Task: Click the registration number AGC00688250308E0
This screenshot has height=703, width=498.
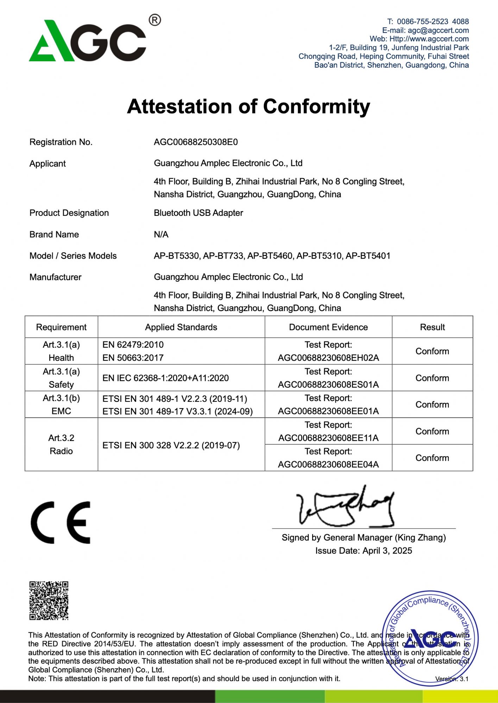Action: coord(196,142)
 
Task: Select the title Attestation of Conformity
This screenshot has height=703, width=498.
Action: coord(248,106)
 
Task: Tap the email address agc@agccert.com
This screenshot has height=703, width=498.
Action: coord(438,30)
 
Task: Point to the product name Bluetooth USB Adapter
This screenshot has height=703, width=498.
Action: coord(198,213)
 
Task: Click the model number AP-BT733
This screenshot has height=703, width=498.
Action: coord(223,256)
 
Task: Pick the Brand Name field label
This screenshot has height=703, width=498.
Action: coord(54,234)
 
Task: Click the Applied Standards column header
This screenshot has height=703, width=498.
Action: coord(181,327)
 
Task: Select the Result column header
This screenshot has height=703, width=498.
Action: coord(432,327)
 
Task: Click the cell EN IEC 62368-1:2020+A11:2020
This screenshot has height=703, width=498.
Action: coord(165,378)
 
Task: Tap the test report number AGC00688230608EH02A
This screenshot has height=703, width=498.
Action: coord(328,358)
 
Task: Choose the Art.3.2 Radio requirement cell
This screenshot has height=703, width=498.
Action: coord(61,444)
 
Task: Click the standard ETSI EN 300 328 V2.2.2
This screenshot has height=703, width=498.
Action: coord(171,445)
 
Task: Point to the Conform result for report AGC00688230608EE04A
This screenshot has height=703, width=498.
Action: coord(432,458)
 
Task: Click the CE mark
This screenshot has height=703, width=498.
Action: coord(61,523)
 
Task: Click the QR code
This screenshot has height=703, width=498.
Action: coord(49,601)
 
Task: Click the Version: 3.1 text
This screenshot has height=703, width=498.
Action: coord(452,679)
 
